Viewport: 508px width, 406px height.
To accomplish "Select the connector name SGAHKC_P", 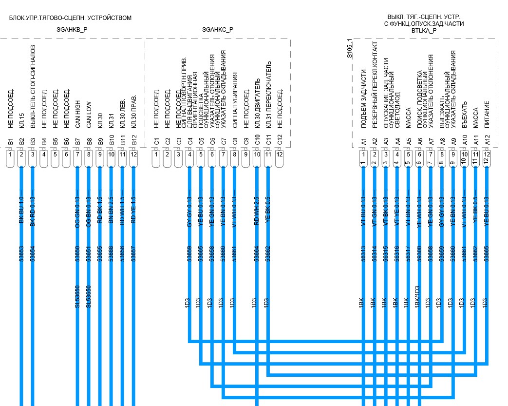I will pos(218,30).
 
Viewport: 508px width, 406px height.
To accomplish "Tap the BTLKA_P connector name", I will pos(424,30).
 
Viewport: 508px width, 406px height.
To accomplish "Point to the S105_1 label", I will pos(349,51).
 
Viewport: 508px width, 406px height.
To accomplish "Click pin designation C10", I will pos(257,142).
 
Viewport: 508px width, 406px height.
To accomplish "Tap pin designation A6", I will pos(419,142).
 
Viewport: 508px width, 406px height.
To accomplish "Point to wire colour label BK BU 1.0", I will pos(21,210).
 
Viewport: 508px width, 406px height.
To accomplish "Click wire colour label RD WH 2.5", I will pos(257,210).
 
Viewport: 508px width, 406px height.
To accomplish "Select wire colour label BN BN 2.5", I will pos(111,210).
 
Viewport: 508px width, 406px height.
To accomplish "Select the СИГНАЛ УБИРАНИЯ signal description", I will pos(235,100).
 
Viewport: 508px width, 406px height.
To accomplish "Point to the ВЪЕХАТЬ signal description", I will pos(464,116).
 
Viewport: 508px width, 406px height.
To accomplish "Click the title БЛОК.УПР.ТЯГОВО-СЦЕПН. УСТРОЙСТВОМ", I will pos(70,18).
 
